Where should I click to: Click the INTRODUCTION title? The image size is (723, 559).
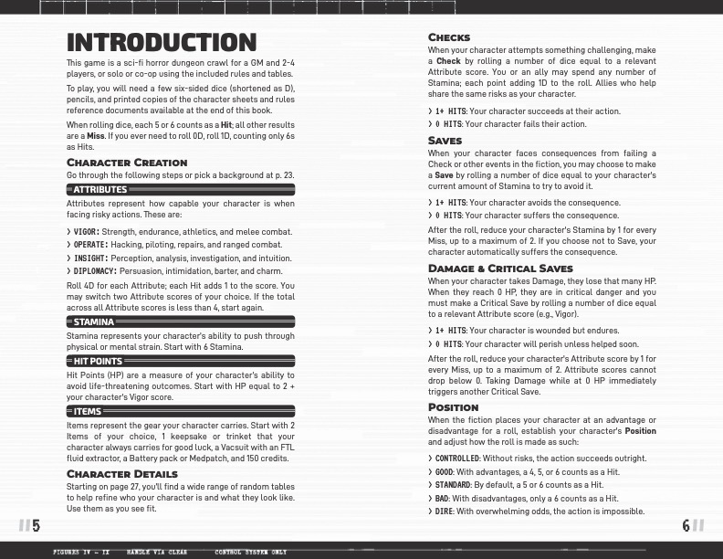click(161, 43)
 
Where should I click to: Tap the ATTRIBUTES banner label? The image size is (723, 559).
click(100, 190)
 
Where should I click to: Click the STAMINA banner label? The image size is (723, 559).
click(94, 322)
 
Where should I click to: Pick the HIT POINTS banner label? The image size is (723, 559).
click(98, 361)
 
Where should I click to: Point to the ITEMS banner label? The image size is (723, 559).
click(88, 411)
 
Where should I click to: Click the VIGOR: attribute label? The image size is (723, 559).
click(86, 231)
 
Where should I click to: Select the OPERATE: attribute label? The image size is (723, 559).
click(90, 245)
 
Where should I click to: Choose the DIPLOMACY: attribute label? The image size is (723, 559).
click(95, 271)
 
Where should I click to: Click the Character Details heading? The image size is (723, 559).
click(122, 474)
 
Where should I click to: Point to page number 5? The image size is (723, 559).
click(36, 525)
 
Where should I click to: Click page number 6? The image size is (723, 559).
click(686, 525)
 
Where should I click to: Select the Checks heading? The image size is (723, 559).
click(449, 37)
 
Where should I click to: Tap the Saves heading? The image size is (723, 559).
click(445, 141)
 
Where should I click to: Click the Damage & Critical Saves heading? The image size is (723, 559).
click(500, 269)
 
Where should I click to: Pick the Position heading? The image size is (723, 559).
click(453, 407)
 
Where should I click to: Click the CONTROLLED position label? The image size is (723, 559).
click(456, 458)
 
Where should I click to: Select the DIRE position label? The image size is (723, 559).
click(445, 512)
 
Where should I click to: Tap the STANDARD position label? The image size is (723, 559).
click(452, 485)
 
